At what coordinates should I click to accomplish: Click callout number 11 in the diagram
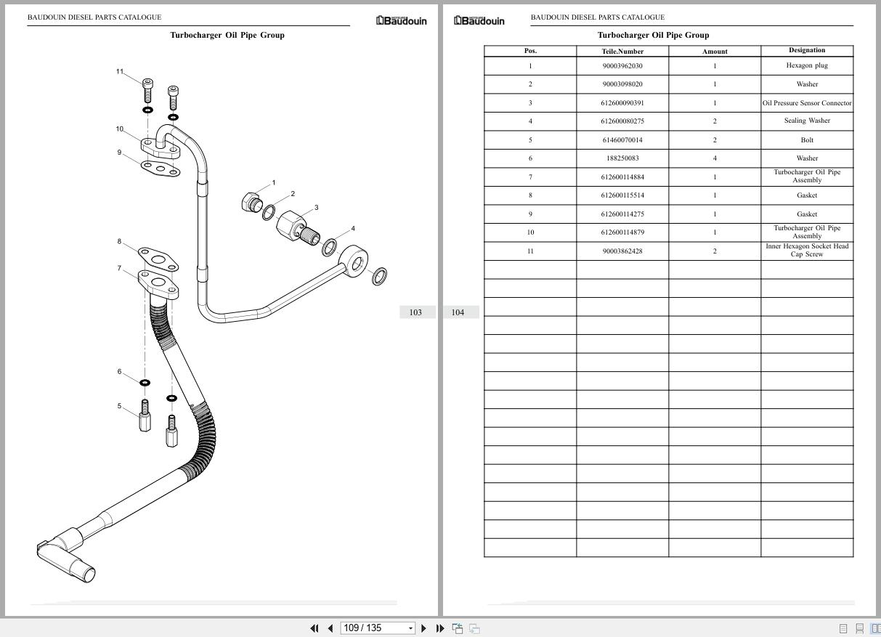pos(120,71)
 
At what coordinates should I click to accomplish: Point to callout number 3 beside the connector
pos(316,208)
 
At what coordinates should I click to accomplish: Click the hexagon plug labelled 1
pos(250,201)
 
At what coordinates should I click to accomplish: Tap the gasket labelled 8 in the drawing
pos(157,256)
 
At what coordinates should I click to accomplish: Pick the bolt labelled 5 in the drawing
pos(145,416)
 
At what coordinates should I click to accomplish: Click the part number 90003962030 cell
pos(622,65)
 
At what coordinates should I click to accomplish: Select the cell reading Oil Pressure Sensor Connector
pos(807,103)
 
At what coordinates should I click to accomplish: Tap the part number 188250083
pos(622,158)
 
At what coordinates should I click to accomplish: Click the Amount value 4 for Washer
pos(715,158)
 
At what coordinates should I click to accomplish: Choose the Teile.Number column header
pos(622,52)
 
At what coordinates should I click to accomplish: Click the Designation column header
pos(807,51)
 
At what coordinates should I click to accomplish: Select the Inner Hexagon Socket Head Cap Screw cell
pos(807,251)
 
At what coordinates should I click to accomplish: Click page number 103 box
pos(415,312)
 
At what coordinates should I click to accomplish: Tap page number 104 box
pos(458,312)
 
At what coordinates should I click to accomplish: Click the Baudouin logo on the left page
pos(402,21)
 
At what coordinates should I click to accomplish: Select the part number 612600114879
pos(622,232)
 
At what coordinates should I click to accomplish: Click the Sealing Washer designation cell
pos(807,121)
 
